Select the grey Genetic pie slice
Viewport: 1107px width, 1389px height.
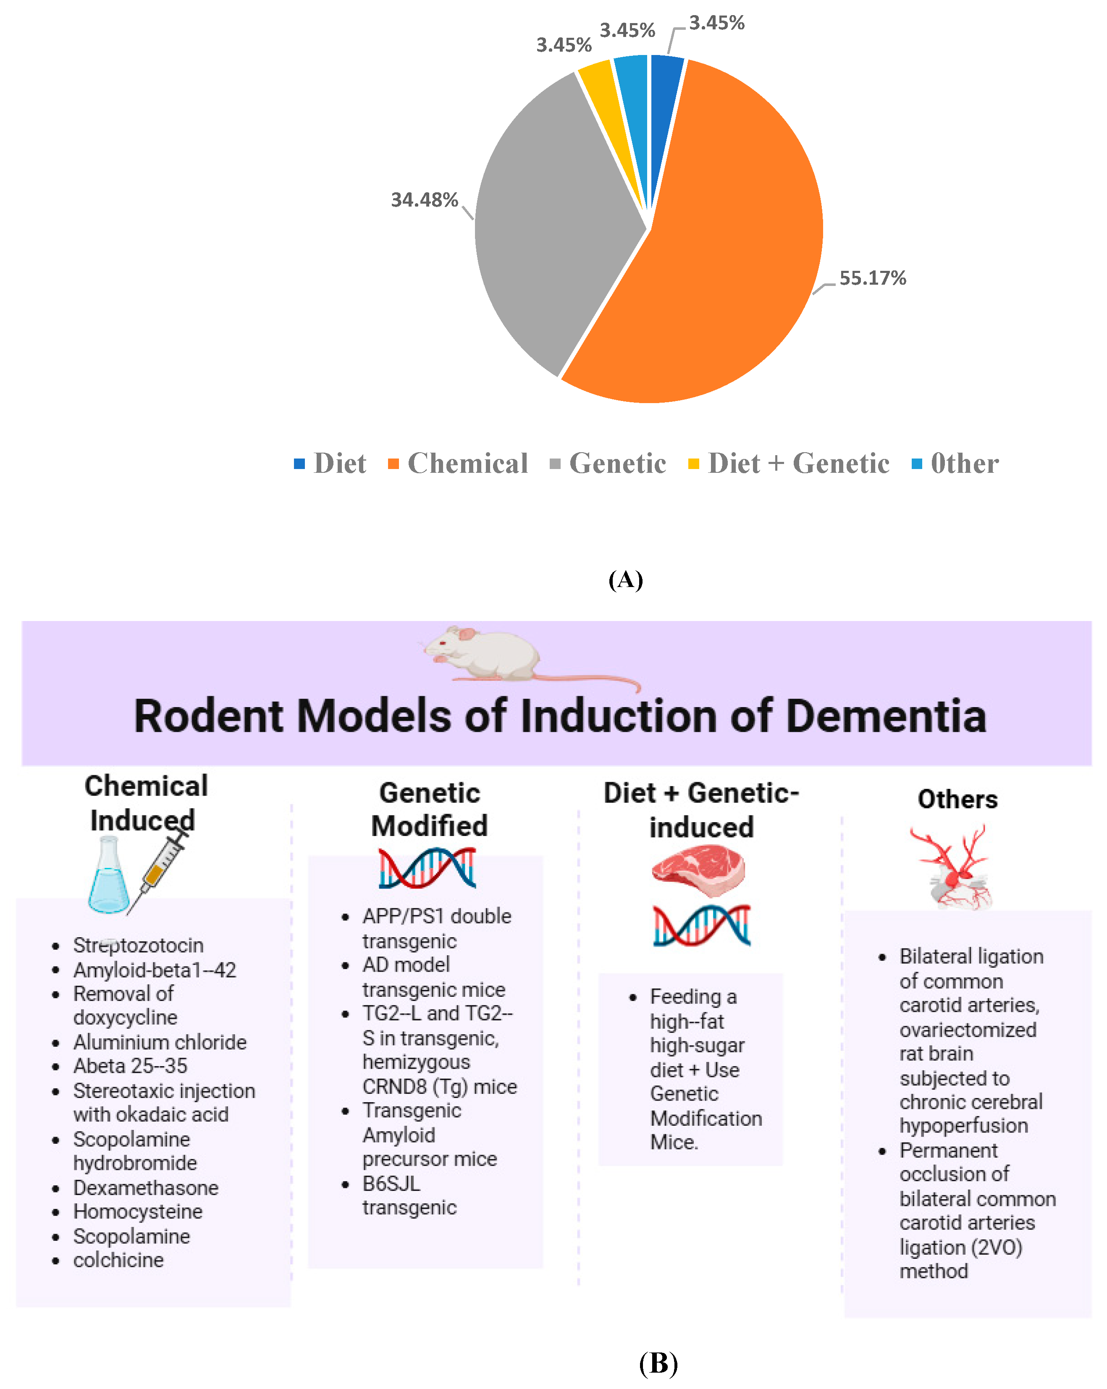[x=554, y=225]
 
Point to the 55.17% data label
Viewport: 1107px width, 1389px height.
[x=872, y=278]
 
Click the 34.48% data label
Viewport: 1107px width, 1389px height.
[x=424, y=200]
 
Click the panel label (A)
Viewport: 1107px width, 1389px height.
[x=625, y=580]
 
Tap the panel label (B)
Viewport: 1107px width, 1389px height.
[x=658, y=1363]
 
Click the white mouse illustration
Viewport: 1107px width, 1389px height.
[x=490, y=654]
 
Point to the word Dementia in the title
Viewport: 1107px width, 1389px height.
[x=886, y=716]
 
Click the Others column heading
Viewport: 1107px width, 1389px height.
[x=957, y=799]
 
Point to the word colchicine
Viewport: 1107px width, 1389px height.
[x=118, y=1260]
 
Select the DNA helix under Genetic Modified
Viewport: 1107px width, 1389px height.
[x=427, y=868]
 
